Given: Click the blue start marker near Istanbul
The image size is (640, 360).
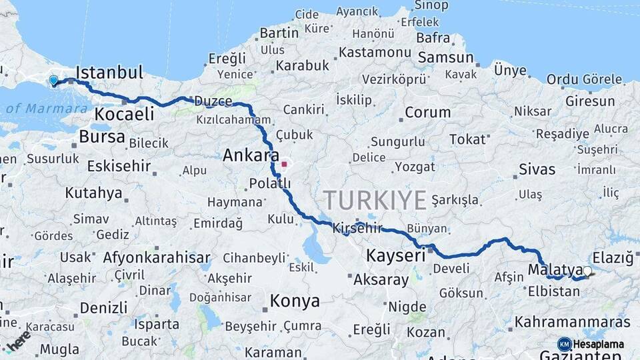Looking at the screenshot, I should (53, 81).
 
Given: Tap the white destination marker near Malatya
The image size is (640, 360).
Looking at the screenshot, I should (587, 271).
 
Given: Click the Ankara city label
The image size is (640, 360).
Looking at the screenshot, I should (251, 156).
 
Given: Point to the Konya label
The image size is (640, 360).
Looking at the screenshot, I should (295, 301).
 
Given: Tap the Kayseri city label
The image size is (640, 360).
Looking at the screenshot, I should (395, 255).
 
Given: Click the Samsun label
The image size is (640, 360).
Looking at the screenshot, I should (446, 57).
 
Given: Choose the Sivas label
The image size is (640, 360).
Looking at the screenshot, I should (537, 169).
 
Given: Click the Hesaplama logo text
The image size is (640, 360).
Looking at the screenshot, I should (598, 344).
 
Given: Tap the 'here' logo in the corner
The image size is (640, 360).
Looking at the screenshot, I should (19, 340).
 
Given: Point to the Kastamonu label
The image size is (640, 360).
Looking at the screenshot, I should (374, 52).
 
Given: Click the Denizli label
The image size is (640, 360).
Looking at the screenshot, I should (103, 308).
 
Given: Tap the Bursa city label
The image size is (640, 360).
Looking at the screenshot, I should (102, 137).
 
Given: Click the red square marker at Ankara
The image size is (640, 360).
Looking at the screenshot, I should (284, 163).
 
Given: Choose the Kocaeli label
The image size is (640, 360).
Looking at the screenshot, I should (124, 114).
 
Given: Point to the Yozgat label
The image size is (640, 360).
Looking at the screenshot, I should (415, 167).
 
